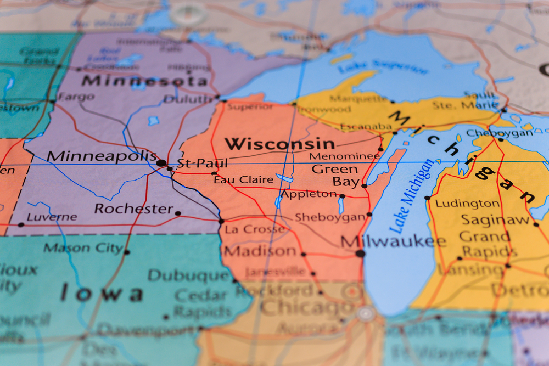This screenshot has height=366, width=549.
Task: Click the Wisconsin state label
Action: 279,144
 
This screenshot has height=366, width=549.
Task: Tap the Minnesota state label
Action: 145,81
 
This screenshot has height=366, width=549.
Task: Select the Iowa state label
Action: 102,293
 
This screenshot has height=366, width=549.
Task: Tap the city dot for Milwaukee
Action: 360,254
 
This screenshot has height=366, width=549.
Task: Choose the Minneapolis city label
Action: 101,156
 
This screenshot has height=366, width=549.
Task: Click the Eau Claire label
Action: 243,179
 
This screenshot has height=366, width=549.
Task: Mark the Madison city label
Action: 260,251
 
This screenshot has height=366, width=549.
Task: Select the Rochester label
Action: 133,209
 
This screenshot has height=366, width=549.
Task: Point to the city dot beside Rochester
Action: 177,213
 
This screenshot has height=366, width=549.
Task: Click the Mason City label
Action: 83,248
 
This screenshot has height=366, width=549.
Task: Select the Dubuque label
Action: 188,275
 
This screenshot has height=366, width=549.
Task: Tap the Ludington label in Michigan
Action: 467,204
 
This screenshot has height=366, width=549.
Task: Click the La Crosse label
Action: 255,229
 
